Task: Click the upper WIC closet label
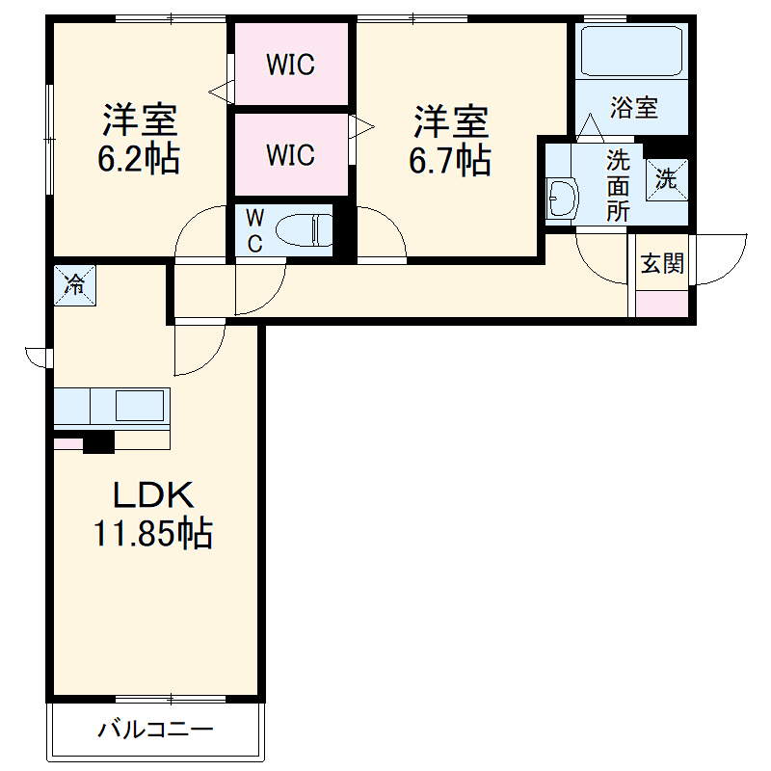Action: [290, 65]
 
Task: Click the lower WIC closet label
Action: [290, 154]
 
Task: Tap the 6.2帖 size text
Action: [139, 158]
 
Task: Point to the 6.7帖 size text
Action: [451, 160]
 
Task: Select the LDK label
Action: [154, 495]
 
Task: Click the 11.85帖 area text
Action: [153, 533]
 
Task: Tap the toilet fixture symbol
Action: [304, 230]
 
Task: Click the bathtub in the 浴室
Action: [632, 50]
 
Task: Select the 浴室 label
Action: [633, 108]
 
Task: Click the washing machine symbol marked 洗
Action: [667, 178]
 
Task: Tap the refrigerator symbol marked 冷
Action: [74, 283]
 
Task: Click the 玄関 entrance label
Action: [663, 263]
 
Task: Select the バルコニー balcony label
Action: [154, 730]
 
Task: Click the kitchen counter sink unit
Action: [112, 407]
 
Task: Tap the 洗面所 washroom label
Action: [617, 185]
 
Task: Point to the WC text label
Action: [254, 229]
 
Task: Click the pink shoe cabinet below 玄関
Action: [663, 303]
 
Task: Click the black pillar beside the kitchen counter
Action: [98, 442]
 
